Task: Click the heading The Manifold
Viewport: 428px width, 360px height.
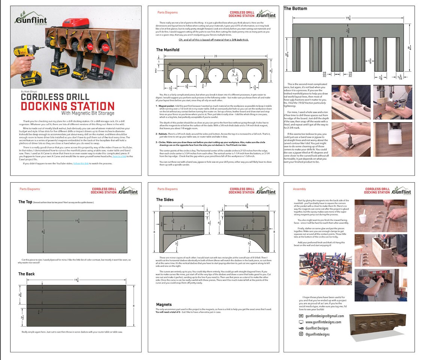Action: point(167,50)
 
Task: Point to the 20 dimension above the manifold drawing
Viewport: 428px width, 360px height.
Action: point(215,56)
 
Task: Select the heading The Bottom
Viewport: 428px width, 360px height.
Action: point(295,8)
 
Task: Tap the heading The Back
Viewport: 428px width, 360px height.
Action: point(26,274)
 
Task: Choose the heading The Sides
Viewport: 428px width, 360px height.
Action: point(165,200)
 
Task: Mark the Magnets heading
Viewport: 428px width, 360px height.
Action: point(164,304)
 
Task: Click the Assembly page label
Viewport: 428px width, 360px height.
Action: point(299,189)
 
